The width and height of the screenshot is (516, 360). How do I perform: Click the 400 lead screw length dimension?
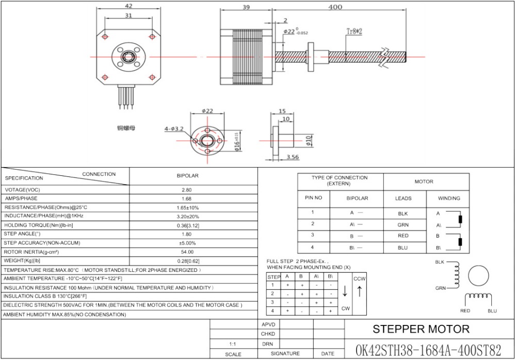[x=335, y=7]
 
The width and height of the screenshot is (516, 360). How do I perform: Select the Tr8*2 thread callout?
[x=354, y=31]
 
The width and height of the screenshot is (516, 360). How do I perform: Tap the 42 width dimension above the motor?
[x=128, y=6]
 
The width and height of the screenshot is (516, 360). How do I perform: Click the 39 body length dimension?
[x=246, y=7]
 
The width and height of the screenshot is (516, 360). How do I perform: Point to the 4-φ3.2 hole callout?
[x=174, y=128]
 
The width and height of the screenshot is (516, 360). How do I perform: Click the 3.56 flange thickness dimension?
[x=293, y=157]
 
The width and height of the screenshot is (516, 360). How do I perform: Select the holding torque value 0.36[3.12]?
[x=188, y=225]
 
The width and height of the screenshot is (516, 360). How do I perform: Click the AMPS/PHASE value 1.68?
[x=187, y=199]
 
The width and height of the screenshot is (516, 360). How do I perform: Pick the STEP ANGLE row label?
[x=22, y=234]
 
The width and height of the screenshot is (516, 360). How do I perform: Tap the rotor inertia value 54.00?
[x=187, y=252]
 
